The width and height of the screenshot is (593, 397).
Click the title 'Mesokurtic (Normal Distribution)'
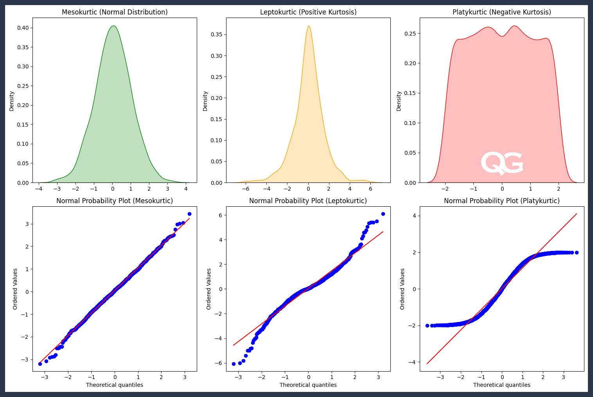[115, 12]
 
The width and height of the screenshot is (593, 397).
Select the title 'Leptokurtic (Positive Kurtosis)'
[308, 12]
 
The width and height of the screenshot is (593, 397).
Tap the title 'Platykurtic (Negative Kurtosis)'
[501, 12]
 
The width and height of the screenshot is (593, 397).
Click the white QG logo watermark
[502, 163]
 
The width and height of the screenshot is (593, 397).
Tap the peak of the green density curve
[113, 26]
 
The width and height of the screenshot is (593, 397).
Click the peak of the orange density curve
[309, 26]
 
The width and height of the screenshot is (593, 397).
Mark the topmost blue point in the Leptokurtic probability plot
[383, 214]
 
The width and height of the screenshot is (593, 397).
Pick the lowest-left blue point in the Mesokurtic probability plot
[40, 364]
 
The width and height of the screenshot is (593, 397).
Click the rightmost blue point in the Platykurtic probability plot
[577, 252]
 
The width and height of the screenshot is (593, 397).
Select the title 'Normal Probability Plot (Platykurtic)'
[501, 201]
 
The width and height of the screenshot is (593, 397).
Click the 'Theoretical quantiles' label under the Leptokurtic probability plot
[308, 385]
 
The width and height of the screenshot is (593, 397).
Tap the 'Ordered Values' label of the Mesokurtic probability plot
[15, 289]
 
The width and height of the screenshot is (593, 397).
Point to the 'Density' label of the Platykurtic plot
[399, 101]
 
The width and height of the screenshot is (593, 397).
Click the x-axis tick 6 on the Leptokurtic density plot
[370, 189]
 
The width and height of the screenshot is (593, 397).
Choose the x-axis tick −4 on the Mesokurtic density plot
[39, 189]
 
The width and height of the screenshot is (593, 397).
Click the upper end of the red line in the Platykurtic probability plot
[577, 214]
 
